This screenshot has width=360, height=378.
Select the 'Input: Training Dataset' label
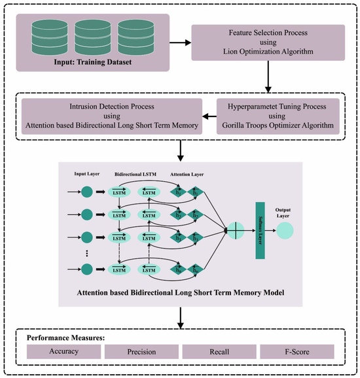[x=93, y=63]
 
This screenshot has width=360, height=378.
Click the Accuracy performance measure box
[x=64, y=352]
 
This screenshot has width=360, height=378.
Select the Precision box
[x=141, y=352]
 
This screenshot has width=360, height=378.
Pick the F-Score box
[x=297, y=352]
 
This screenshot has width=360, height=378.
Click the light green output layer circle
[x=285, y=230]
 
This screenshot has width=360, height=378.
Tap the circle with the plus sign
[x=235, y=230]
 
